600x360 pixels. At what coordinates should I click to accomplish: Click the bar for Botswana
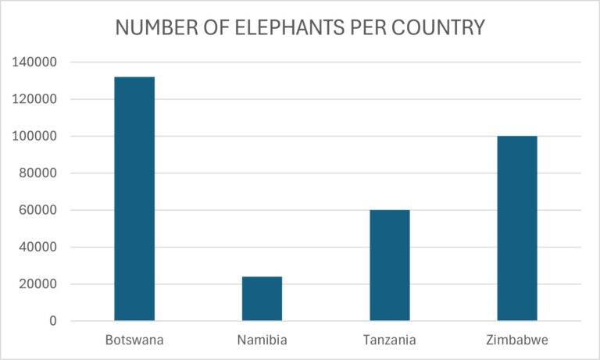134,198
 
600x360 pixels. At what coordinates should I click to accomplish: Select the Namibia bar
262,298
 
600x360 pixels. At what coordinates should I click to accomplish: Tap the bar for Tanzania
389,265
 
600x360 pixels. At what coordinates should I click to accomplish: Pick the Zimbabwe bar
516,228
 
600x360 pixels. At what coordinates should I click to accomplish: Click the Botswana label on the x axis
134,340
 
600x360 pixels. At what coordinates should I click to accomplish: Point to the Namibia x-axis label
262,340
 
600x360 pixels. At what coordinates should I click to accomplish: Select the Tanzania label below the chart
389,340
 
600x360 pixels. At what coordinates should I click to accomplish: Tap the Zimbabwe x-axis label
516,340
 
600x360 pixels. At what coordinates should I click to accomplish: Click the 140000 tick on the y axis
34,62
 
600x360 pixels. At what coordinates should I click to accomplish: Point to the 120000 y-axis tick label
34,99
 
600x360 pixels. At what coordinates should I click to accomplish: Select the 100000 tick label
34,137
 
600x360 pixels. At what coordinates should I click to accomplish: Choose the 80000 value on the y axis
37,173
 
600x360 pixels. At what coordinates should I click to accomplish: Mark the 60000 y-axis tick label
37,210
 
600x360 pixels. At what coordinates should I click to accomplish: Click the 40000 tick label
37,248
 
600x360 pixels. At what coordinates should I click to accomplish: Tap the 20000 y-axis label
37,284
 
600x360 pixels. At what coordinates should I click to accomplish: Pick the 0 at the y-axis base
53,321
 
